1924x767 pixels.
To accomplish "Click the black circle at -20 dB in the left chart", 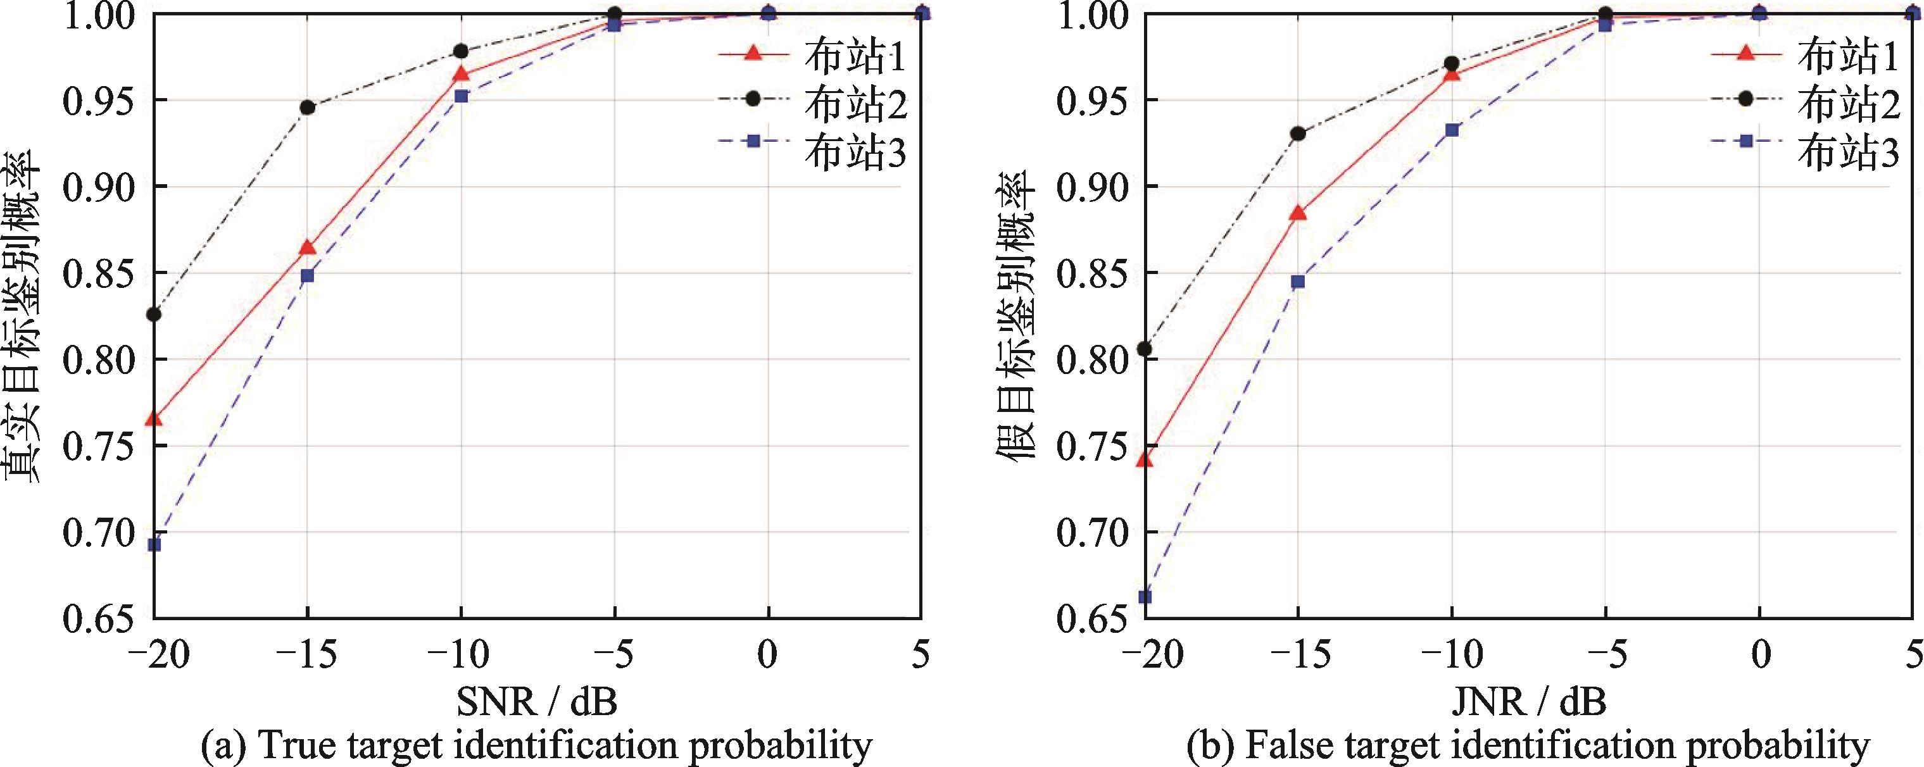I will [x=154, y=315].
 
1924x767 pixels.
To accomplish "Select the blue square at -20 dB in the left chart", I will [x=154, y=544].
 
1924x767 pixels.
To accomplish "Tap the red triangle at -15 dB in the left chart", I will [x=308, y=248].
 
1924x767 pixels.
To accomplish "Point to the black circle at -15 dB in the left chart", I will [x=308, y=108].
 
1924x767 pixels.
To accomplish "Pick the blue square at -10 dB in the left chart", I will [x=461, y=96].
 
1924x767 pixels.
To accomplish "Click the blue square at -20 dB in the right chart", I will [x=1145, y=597].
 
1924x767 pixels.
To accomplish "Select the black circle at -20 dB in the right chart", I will [x=1145, y=349].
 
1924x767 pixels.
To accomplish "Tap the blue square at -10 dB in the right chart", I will [x=1452, y=130].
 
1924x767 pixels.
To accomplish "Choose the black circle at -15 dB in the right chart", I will [x=1298, y=134].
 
